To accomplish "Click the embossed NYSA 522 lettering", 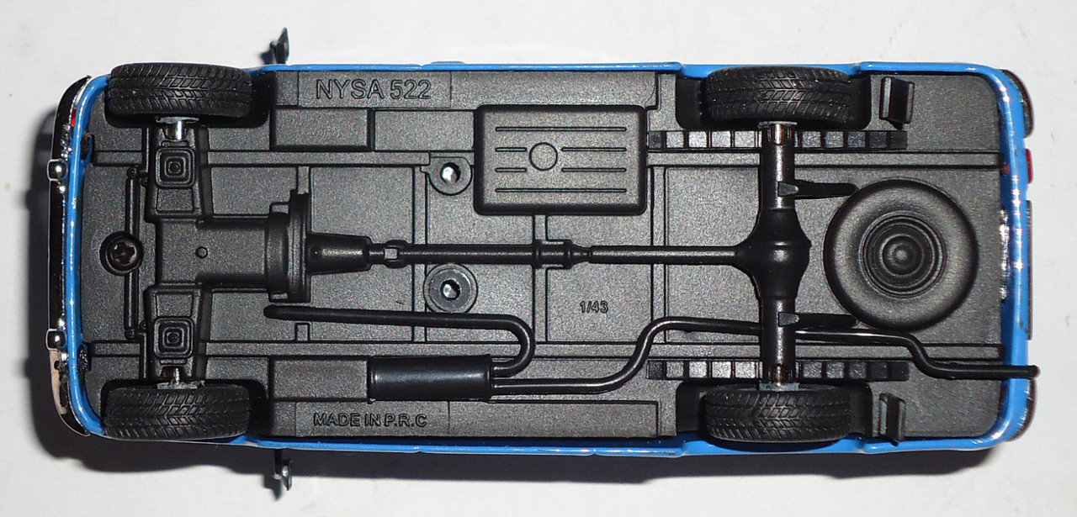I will (x=373, y=90).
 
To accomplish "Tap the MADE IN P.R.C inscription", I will (x=370, y=419).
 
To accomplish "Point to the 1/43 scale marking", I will (x=593, y=308).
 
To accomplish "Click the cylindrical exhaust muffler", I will (x=430, y=378).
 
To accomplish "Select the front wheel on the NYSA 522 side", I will (x=178, y=91).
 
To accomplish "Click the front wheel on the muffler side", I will (x=178, y=411).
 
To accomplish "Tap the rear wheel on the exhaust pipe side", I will (x=776, y=412).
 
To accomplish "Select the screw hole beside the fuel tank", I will (x=451, y=172).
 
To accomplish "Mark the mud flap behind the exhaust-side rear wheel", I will (x=891, y=415).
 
